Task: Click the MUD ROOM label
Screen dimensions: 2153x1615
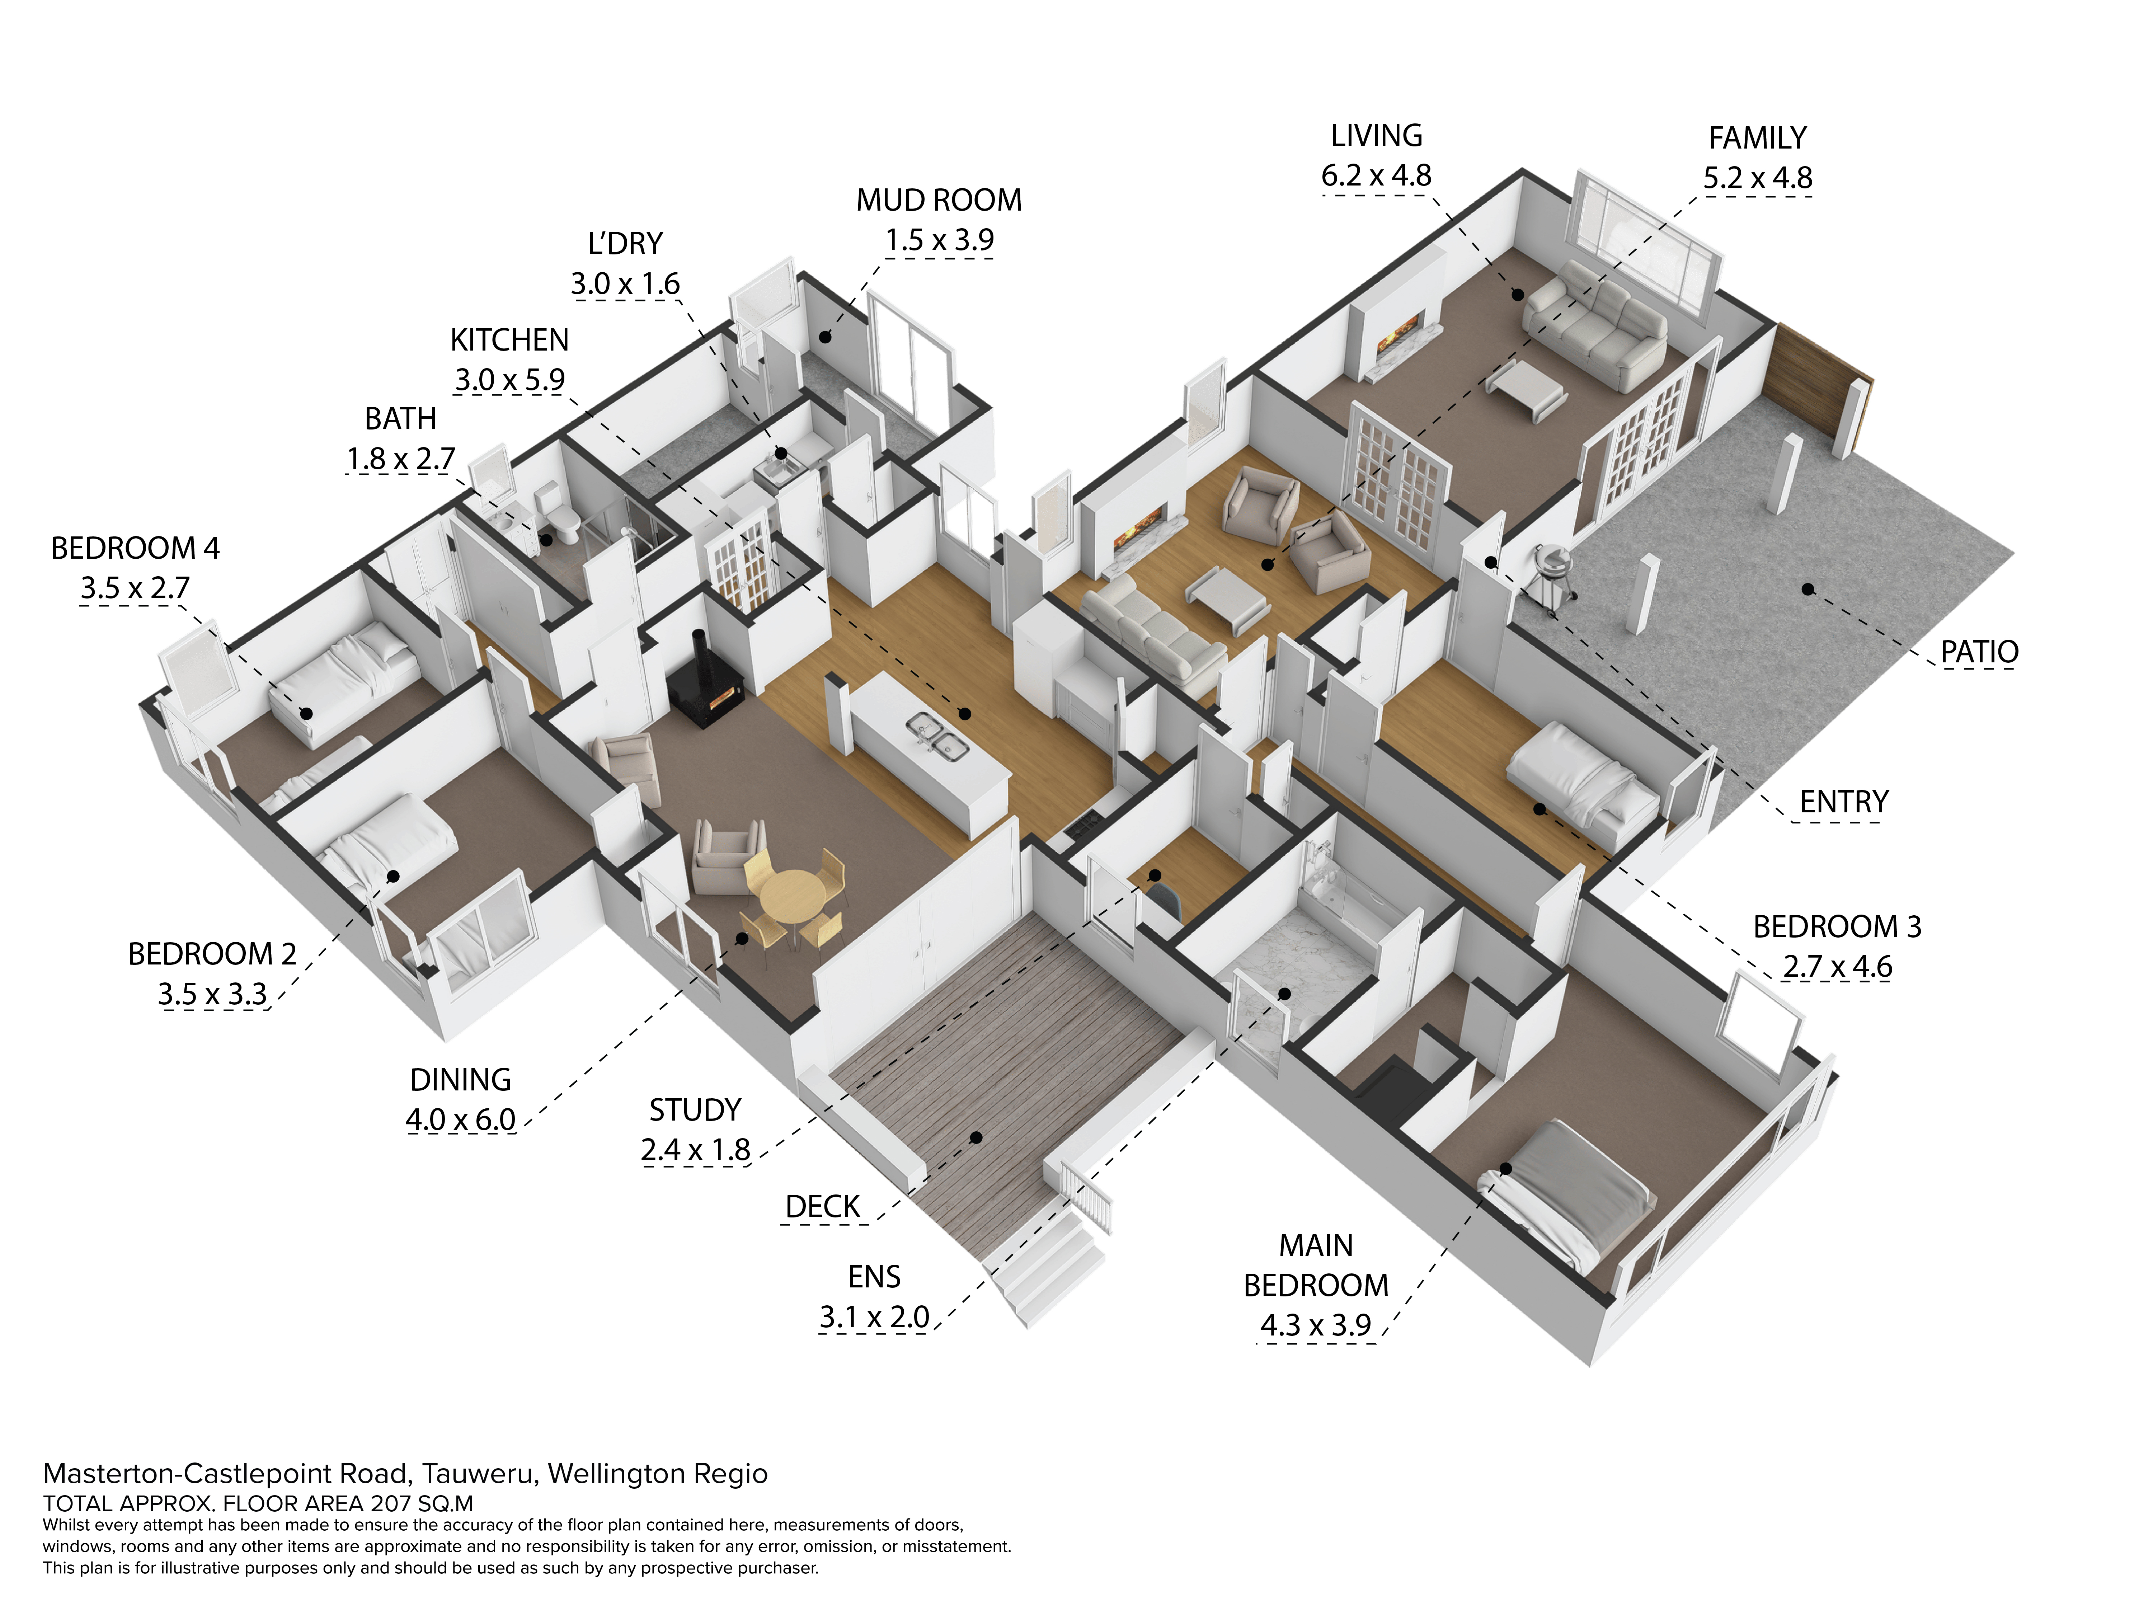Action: (939, 201)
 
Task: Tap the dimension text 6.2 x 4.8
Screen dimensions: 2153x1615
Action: (1376, 176)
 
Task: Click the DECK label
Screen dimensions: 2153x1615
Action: (822, 1207)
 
